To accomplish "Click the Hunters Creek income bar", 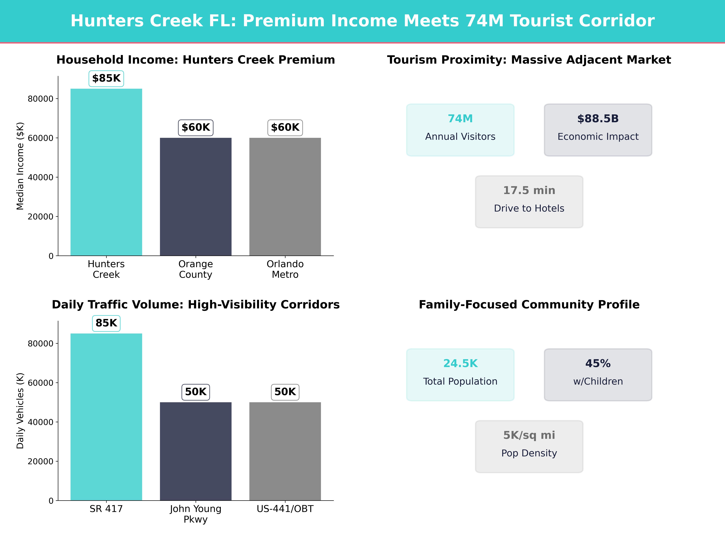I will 106,172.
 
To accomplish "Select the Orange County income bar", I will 196,197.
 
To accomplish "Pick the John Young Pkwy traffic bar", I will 196,451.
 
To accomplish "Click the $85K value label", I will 106,78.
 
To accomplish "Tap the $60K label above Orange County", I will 196,128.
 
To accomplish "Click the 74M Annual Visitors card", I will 460,130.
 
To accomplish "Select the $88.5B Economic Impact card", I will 598,130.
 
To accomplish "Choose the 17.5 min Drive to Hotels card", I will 529,202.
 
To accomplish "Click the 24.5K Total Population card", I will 460,374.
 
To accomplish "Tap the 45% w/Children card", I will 598,374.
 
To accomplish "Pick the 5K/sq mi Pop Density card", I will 529,446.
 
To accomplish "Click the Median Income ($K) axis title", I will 20,166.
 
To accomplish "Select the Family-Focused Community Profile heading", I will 529,305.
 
